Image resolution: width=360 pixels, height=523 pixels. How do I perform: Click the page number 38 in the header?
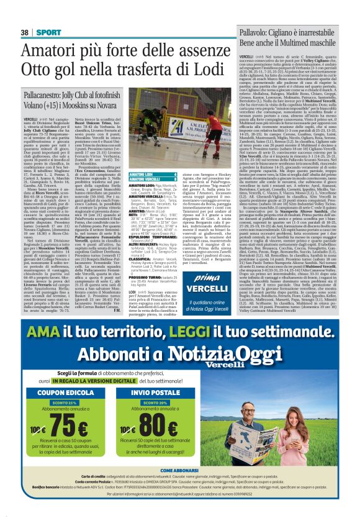25,31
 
